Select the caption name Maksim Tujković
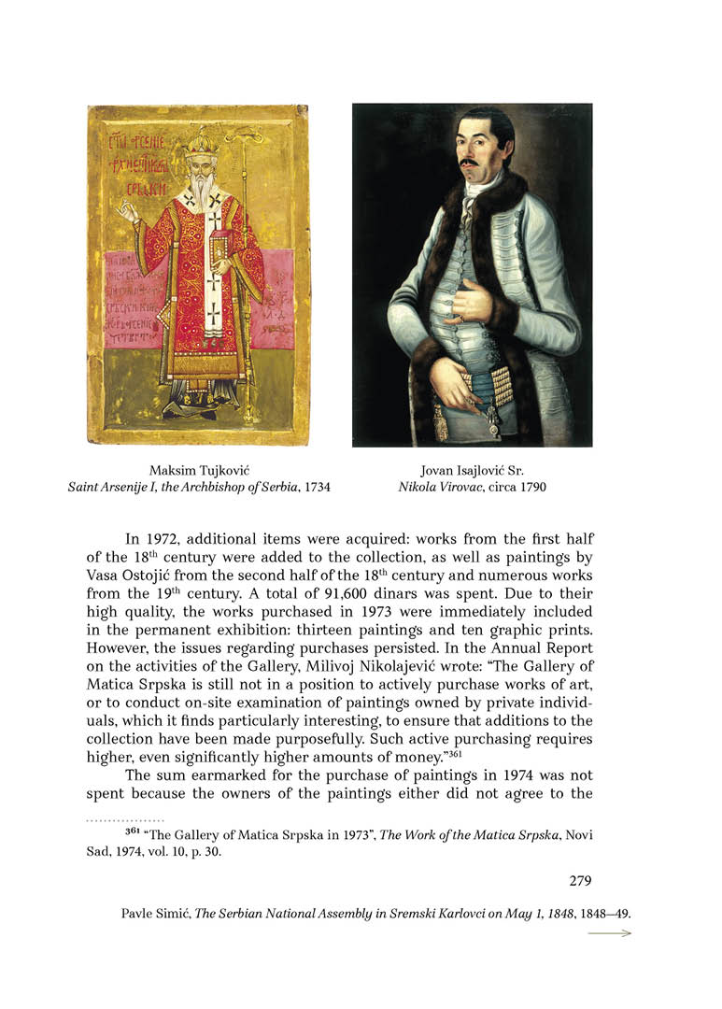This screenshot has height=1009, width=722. [x=199, y=470]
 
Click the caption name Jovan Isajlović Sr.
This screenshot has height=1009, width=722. [x=472, y=470]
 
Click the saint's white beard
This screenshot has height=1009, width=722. [x=200, y=192]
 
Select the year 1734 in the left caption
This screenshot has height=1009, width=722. [x=314, y=487]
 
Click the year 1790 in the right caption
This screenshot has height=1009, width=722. [x=530, y=487]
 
